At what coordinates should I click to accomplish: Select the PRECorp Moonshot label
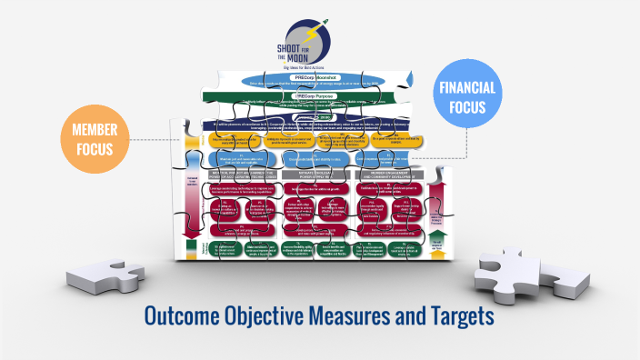coord(316,79)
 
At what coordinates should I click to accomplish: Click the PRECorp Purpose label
coord(315,95)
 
